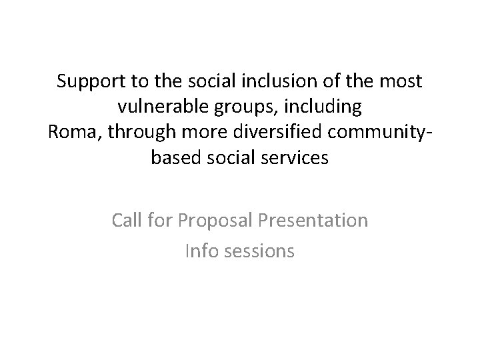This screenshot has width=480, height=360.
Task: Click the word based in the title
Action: point(175,158)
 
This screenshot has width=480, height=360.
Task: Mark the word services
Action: point(295,158)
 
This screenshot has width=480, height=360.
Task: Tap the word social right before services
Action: point(232,158)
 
